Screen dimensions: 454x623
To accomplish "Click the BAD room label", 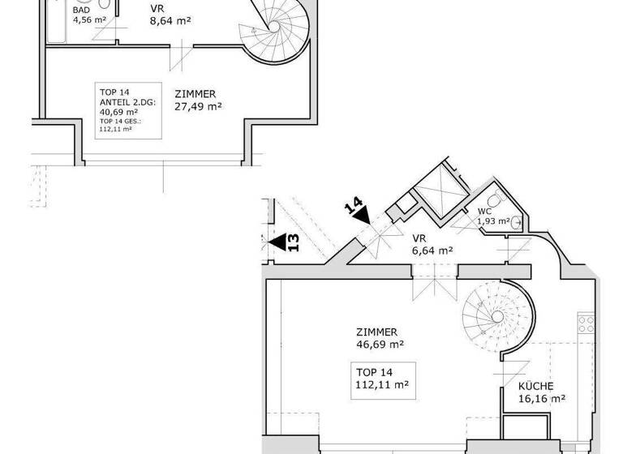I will click(81, 10).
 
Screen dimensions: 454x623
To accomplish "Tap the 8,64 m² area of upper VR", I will click(170, 23).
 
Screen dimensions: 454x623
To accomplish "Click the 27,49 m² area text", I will click(198, 106).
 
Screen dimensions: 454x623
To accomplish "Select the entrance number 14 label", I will click(352, 206).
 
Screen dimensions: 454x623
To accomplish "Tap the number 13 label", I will click(294, 242).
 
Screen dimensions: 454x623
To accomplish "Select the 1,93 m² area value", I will click(492, 221).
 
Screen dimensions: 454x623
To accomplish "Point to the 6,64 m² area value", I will click(432, 251).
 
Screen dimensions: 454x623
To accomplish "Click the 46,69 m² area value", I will click(380, 344).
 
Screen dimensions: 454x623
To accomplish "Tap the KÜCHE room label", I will click(537, 387).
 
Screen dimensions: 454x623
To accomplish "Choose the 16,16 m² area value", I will click(542, 399).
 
